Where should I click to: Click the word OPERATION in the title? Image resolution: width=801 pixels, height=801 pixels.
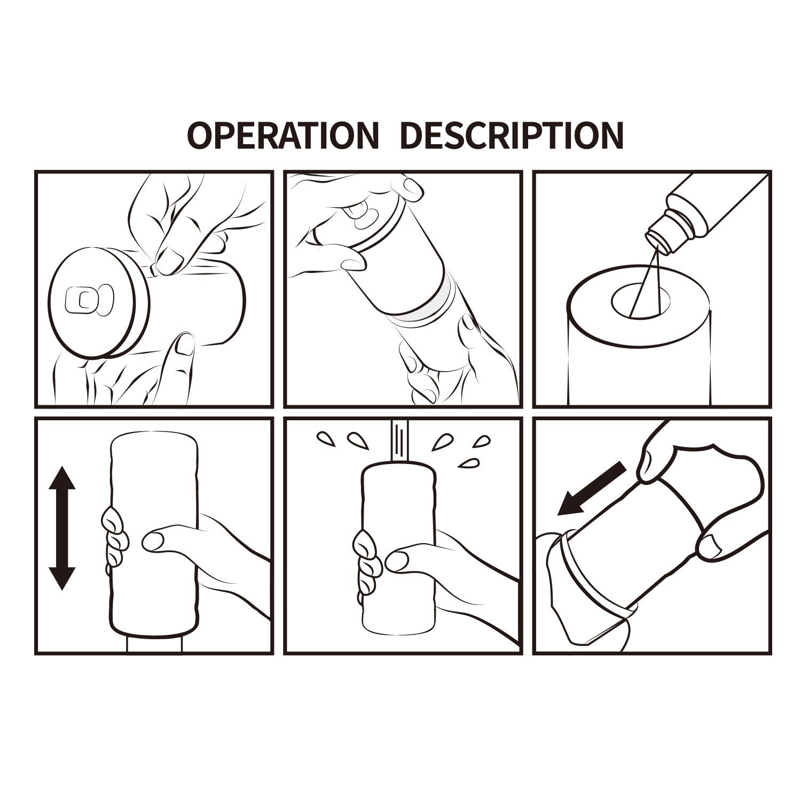(x=282, y=136)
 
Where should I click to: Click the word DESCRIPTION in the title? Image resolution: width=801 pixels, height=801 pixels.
(x=511, y=136)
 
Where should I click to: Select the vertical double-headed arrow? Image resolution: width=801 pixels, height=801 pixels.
(x=62, y=528)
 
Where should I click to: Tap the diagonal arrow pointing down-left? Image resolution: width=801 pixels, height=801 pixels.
(x=591, y=489)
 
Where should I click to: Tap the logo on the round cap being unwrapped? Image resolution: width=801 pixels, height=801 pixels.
(x=89, y=301)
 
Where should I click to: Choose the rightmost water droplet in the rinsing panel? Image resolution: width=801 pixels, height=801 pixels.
(x=482, y=441)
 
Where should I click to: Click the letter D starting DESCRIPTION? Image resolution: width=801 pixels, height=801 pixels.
(x=411, y=136)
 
